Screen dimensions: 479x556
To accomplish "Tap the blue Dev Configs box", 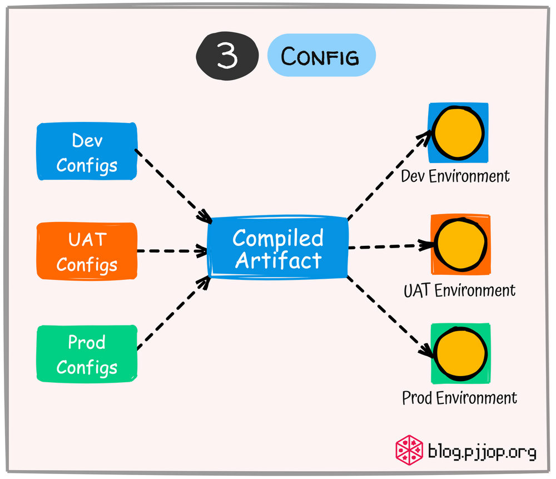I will coord(87,152).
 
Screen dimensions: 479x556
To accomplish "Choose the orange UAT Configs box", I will coord(87,251).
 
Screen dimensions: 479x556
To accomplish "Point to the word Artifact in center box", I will coord(278,260).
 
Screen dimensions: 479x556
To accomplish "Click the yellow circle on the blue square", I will coord(458,134).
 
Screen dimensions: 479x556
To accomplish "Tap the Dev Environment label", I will coord(455,176).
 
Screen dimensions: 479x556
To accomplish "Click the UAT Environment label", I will coord(459,290).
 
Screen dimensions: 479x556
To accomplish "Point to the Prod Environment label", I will coord(459,398).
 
